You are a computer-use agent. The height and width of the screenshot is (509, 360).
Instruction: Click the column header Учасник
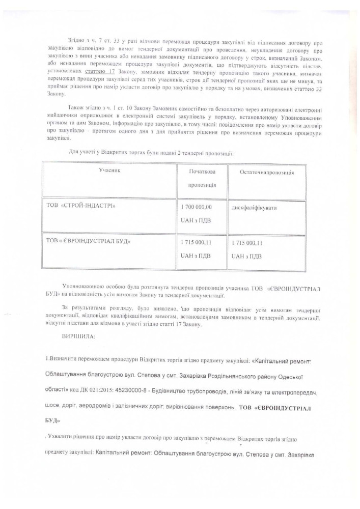109,171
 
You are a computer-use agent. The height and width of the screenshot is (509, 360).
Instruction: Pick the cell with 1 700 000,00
196,207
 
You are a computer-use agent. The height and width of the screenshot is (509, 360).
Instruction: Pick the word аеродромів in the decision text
115,408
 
